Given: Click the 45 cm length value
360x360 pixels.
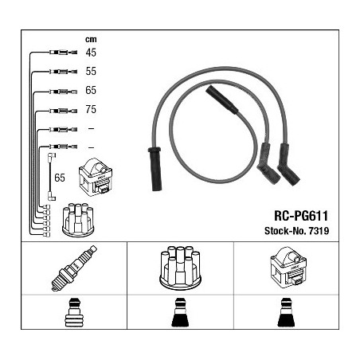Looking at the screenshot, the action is pyautogui.click(x=91, y=53).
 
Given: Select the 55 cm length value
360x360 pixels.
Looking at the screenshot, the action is pyautogui.click(x=91, y=71).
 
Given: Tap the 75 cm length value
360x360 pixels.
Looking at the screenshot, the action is pyautogui.click(x=91, y=109).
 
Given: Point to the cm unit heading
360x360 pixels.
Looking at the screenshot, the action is pyautogui.click(x=91, y=40).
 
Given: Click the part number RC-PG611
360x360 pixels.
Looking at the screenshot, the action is pyautogui.click(x=301, y=216).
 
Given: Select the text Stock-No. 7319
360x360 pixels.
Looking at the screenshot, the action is pyautogui.click(x=296, y=231).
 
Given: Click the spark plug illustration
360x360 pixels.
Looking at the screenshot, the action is pyautogui.click(x=74, y=268).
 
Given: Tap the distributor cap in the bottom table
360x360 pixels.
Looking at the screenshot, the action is pyautogui.click(x=180, y=268).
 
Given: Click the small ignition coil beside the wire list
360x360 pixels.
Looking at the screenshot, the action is pyautogui.click(x=96, y=177).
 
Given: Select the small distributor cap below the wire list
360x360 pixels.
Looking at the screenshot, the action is pyautogui.click(x=78, y=220).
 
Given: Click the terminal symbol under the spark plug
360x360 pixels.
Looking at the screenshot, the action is pyautogui.click(x=74, y=312).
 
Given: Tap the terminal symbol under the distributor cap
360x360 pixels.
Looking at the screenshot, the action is pyautogui.click(x=180, y=312).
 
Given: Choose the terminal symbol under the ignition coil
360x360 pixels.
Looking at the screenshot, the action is pyautogui.click(x=286, y=312).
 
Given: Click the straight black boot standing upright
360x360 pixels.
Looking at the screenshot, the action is pyautogui.click(x=155, y=169).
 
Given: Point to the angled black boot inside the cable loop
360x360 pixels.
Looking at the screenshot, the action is pyautogui.click(x=222, y=100).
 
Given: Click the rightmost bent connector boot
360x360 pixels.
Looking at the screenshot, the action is pyautogui.click(x=288, y=165).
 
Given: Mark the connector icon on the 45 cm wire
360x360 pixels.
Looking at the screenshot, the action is pyautogui.click(x=64, y=53).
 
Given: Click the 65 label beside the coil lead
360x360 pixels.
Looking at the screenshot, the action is pyautogui.click(x=60, y=178).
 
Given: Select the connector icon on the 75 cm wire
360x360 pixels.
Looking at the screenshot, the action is pyautogui.click(x=64, y=111).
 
